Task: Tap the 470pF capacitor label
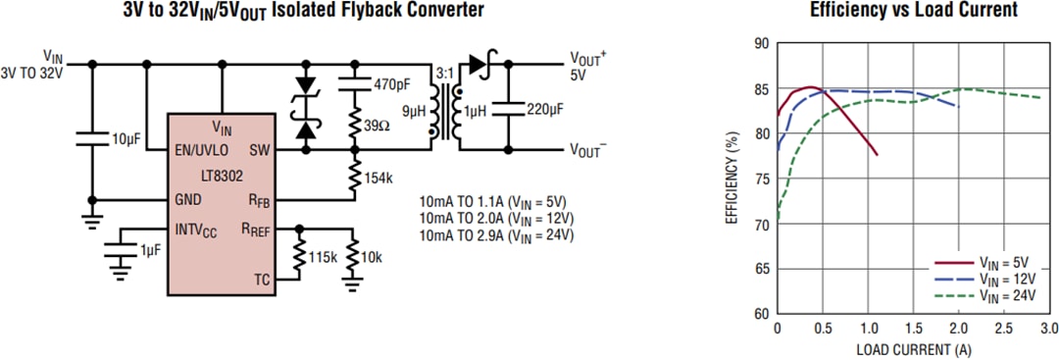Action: click(391, 84)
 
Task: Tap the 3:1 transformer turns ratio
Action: click(444, 73)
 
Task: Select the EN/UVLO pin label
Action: click(202, 150)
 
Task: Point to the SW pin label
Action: click(260, 150)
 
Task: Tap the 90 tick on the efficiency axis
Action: click(761, 43)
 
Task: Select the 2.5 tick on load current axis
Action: click(1002, 328)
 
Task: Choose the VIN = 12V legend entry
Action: click(1003, 280)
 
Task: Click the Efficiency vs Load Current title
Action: click(913, 10)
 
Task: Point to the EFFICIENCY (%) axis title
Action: click(731, 179)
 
